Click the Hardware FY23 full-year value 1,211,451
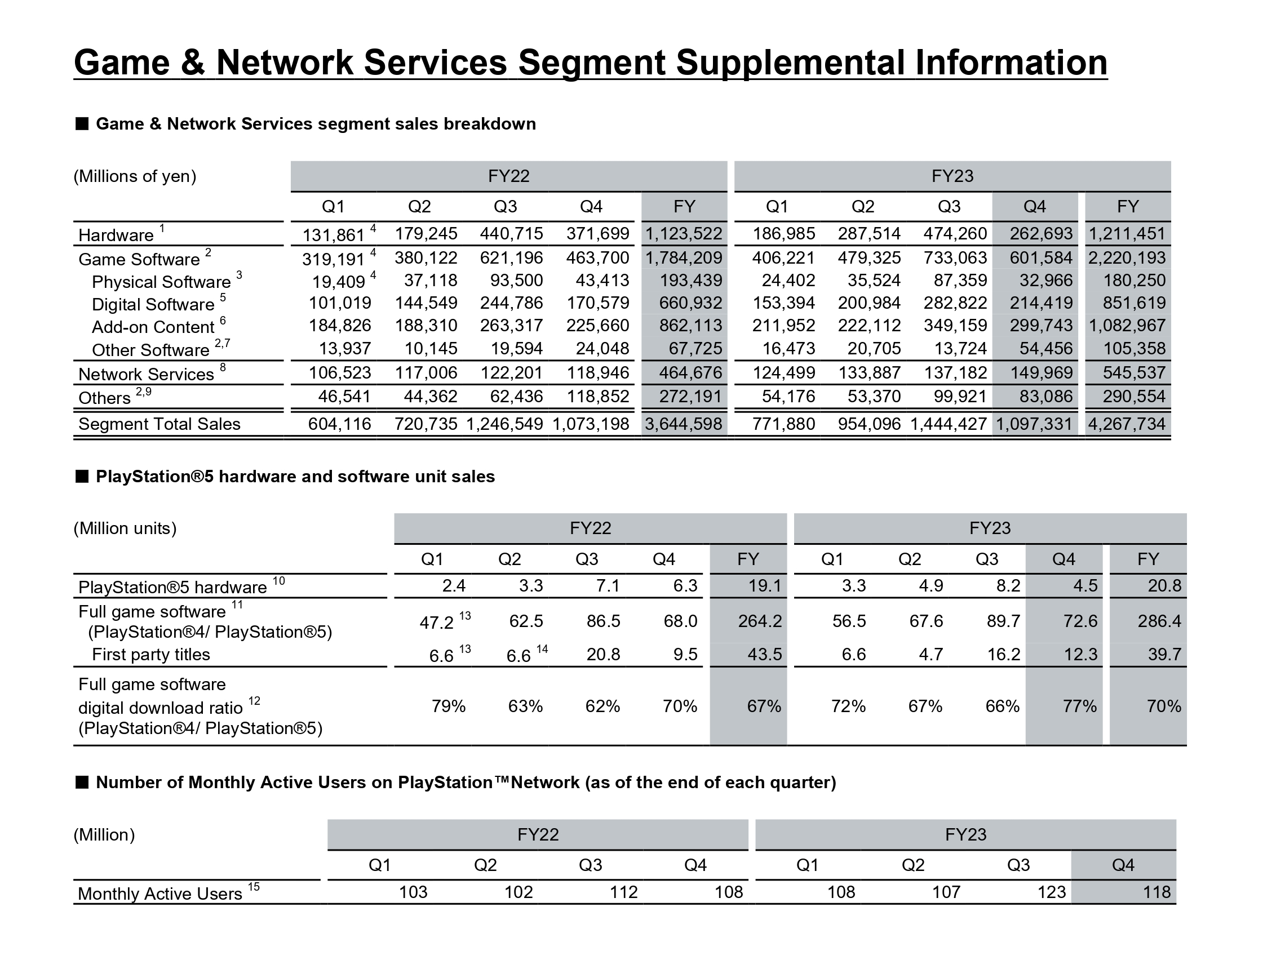coord(1127,233)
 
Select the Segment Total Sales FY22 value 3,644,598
coord(684,424)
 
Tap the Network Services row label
coord(146,374)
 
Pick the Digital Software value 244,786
coord(511,303)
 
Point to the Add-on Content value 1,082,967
coord(1127,325)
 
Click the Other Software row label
coord(150,350)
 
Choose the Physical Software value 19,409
coord(339,282)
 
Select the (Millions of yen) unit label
coord(135,176)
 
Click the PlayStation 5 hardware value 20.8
coord(1164,585)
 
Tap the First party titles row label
coord(151,654)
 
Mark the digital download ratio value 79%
coord(449,706)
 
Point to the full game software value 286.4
coord(1159,621)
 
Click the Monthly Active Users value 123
coord(1052,892)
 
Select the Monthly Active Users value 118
coord(1156,892)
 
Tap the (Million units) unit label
coord(125,528)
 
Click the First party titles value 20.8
coord(603,654)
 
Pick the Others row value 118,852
coord(598,396)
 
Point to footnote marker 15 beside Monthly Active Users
coord(254,887)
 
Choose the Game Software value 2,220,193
coord(1127,257)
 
